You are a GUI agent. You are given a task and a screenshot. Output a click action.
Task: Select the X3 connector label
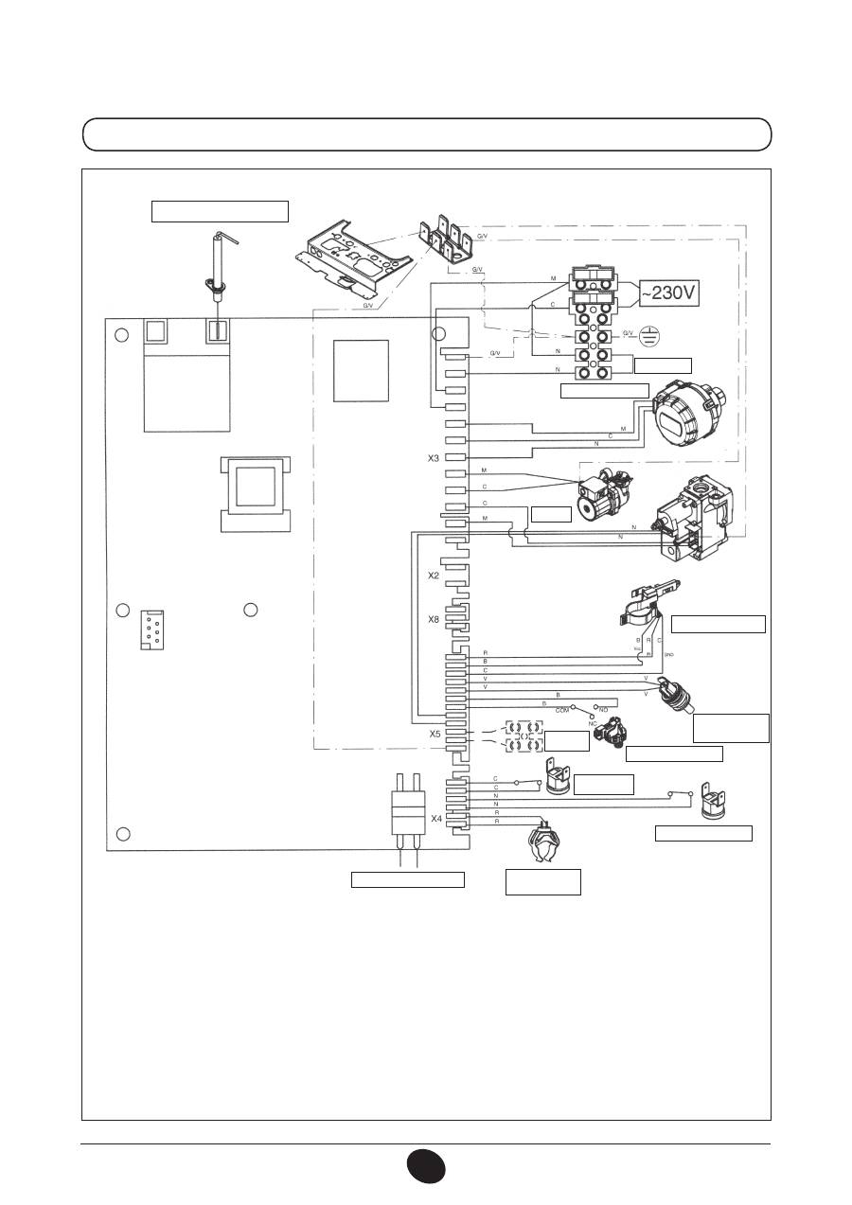[433, 458]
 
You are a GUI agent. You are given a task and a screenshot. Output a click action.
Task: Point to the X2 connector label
[433, 576]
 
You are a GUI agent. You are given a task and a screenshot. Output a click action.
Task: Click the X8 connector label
[433, 619]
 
